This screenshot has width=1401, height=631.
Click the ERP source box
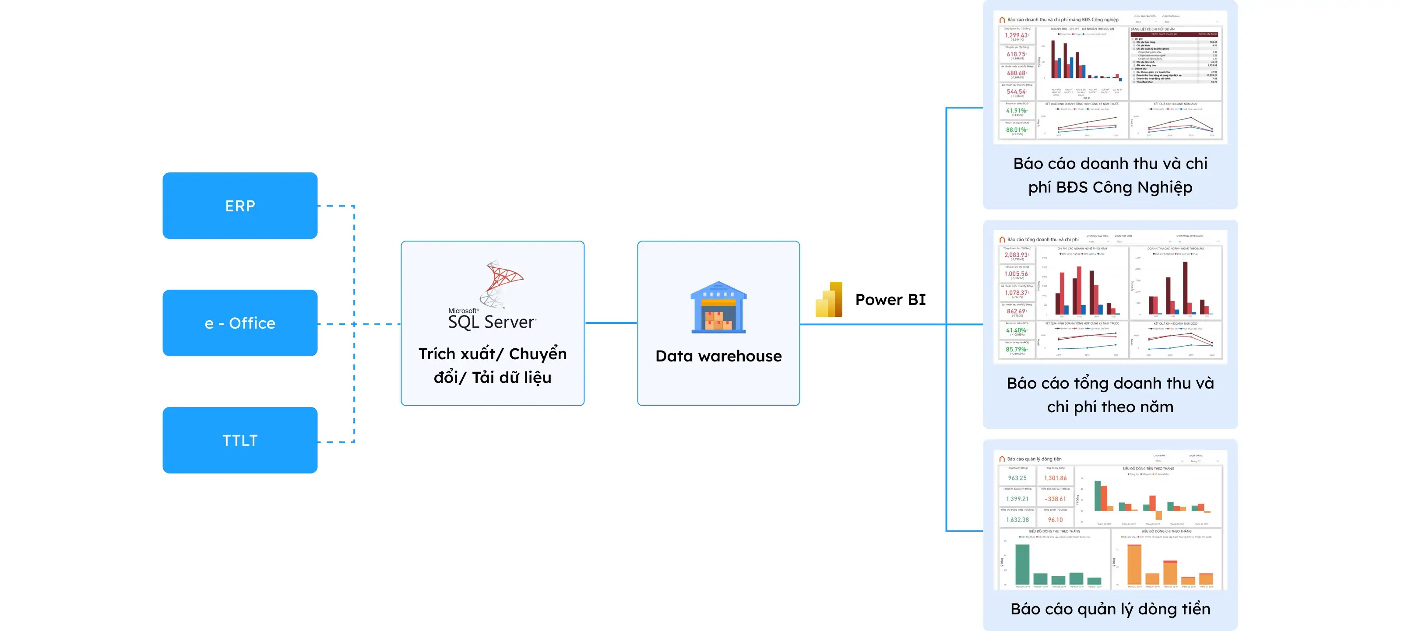click(x=240, y=205)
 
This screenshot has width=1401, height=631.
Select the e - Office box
click(x=240, y=323)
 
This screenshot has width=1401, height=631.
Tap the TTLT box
click(x=240, y=440)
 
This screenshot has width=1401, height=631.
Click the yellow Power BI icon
click(x=829, y=299)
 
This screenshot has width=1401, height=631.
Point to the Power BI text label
click(x=891, y=299)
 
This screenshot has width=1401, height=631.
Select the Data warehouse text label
click(x=718, y=356)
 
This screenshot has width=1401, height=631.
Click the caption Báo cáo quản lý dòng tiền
click(x=1110, y=609)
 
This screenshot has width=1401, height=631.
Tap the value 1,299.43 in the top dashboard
click(x=1016, y=35)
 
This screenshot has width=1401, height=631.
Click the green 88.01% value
click(x=1016, y=130)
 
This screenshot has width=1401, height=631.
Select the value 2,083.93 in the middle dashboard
click(x=1016, y=255)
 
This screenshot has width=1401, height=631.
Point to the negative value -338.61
click(x=1055, y=499)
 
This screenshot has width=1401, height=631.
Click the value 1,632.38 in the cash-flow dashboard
click(x=1017, y=519)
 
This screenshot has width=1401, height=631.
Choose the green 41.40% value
click(x=1016, y=330)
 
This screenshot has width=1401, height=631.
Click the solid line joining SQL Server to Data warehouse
click(x=611, y=323)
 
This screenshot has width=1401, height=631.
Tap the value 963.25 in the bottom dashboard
click(x=1017, y=478)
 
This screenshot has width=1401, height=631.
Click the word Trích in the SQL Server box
click(x=437, y=354)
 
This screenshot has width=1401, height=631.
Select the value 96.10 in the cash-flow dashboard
click(x=1055, y=519)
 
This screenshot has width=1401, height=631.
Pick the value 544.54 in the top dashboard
click(x=1016, y=92)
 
